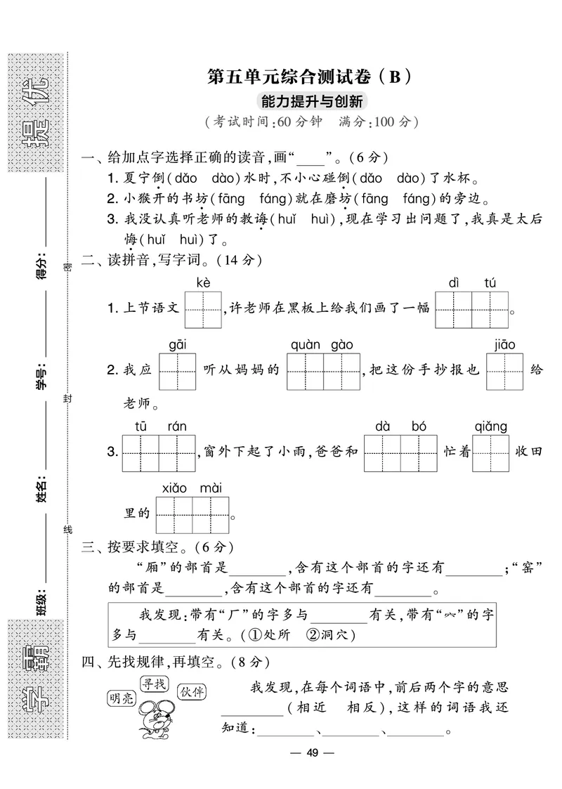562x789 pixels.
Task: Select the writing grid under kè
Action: coord(203,310)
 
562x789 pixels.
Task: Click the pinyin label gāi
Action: coord(177,344)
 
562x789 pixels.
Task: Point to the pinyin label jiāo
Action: coord(504,344)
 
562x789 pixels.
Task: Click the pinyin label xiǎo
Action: coord(174,487)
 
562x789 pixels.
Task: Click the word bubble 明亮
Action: coord(122,698)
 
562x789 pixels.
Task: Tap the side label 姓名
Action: coord(41,487)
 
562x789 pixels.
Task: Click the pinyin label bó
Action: coord(419,426)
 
